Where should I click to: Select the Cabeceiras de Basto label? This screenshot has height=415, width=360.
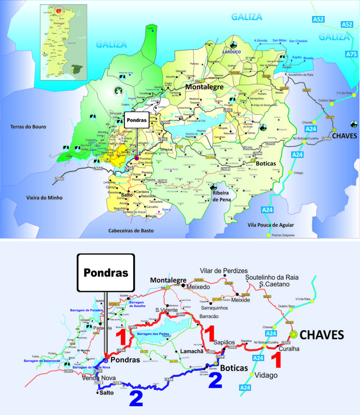click(x=131, y=231)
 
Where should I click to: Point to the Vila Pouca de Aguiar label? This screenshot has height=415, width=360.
click(x=271, y=225)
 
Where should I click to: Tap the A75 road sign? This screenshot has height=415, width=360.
click(x=351, y=54)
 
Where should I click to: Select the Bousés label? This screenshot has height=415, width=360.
click(x=308, y=57)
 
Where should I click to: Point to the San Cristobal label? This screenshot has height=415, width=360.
click(x=298, y=41)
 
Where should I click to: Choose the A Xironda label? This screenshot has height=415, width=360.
click(x=261, y=41)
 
